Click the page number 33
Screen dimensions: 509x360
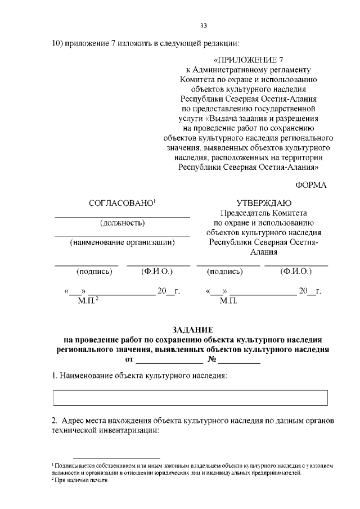(x=204, y=25)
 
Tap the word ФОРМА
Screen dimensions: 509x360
(x=310, y=184)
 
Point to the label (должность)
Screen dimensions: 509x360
(x=122, y=223)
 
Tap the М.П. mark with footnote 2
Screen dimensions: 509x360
(x=87, y=301)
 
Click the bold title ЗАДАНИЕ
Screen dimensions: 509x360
(x=191, y=330)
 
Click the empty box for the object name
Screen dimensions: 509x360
(x=190, y=398)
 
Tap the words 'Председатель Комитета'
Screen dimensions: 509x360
(x=264, y=213)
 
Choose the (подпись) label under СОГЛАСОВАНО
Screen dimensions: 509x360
(x=94, y=272)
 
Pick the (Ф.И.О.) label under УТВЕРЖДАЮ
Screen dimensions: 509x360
(x=296, y=272)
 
